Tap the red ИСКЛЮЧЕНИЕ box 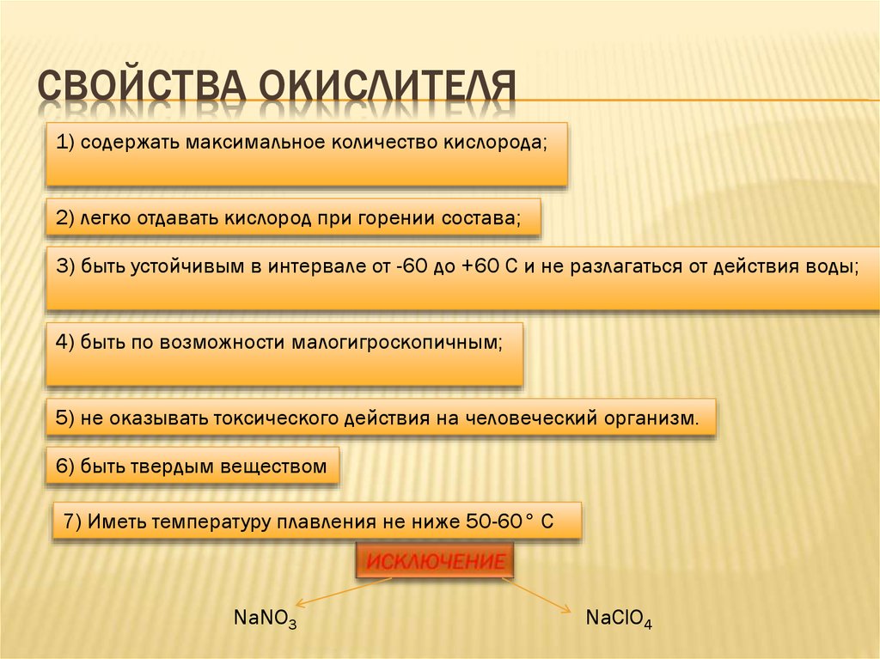pos(435,563)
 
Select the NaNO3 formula pos(265,617)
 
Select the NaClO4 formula pos(619,617)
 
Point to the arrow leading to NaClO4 pos(537,594)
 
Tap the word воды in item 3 pos(835,266)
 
